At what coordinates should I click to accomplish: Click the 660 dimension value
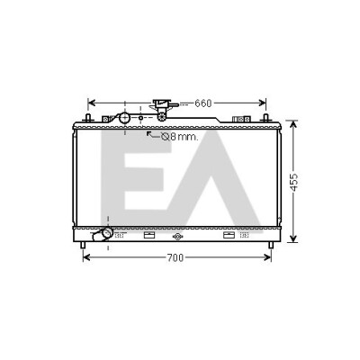click(203, 103)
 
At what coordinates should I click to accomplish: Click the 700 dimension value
click(175, 257)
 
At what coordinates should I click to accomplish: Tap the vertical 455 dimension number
click(294, 182)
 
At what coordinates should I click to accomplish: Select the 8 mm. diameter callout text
click(180, 137)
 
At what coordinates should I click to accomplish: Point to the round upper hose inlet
click(124, 118)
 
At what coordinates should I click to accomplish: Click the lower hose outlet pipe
click(103, 234)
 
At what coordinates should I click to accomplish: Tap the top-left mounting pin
click(88, 118)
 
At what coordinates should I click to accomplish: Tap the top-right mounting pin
click(265, 118)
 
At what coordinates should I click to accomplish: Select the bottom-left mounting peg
click(83, 245)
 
